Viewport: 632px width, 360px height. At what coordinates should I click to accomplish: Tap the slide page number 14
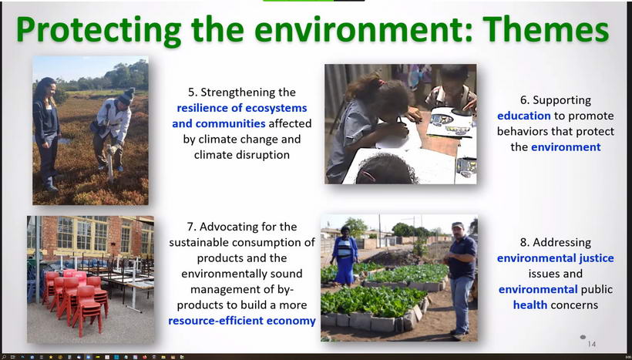(591, 344)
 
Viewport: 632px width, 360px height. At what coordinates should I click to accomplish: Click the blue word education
(523, 116)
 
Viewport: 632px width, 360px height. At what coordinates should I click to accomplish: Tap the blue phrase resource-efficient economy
(242, 321)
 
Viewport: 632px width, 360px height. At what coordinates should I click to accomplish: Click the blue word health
(530, 304)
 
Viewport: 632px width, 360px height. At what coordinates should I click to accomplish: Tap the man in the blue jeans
(461, 279)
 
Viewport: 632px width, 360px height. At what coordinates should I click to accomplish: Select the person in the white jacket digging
(113, 129)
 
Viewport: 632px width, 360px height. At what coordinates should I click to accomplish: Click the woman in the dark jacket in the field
(46, 133)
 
